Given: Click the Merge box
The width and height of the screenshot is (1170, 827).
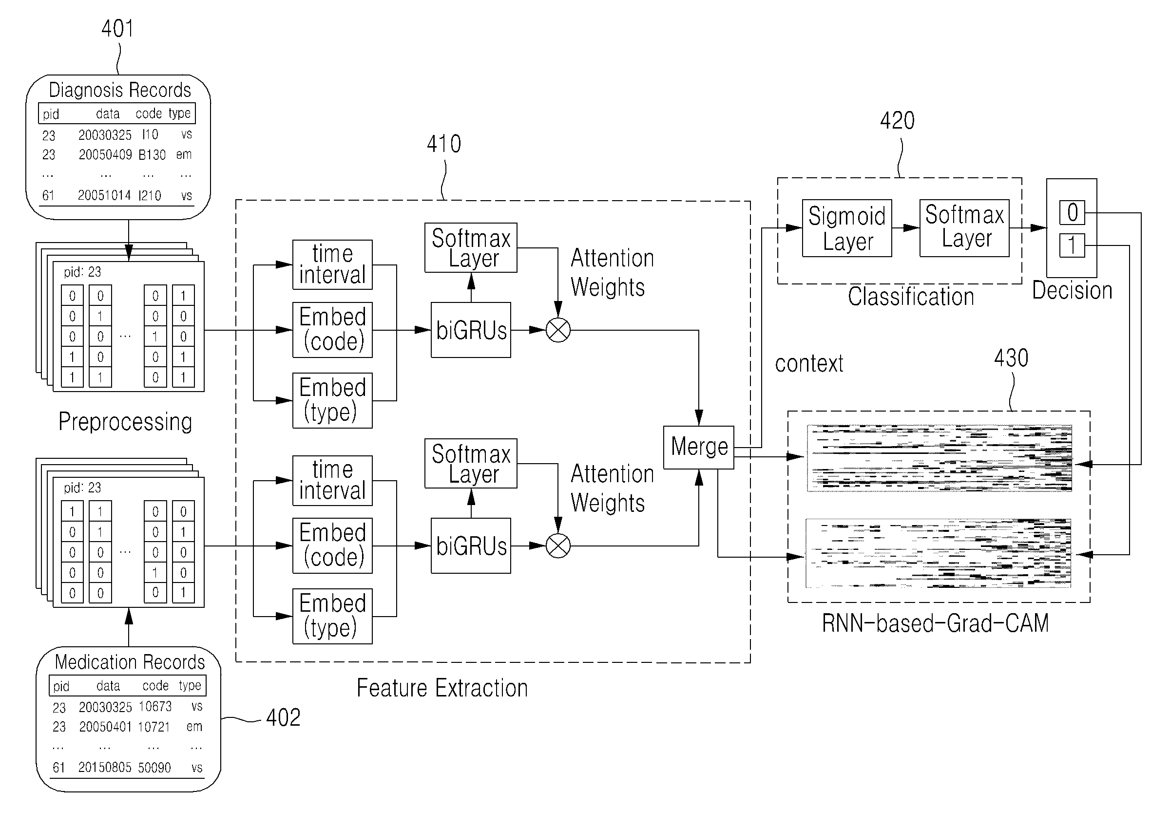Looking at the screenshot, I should coord(698,447).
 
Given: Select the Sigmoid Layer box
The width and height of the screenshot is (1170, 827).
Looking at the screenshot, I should coord(846,228).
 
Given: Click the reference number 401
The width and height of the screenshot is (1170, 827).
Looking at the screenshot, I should coord(117,29).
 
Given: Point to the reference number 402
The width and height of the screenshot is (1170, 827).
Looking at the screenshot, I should coord(283,717).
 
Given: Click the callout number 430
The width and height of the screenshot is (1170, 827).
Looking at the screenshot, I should coord(1011,358).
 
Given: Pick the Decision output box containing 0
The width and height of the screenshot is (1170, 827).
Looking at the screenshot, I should coord(1072,212).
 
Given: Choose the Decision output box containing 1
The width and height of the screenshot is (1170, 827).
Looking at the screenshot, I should coord(1072,245).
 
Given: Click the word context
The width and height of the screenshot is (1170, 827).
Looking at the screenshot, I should coord(809,364).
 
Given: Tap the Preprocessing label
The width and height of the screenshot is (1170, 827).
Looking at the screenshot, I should coord(125,422).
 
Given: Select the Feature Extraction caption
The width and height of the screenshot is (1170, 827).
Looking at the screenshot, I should coord(442,688).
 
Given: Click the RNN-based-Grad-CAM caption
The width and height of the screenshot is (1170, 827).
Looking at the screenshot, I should coord(935,623).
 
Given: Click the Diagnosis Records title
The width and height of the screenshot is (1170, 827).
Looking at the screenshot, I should coord(120,90).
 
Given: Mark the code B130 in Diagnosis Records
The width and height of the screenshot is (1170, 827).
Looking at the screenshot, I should coord(152,155).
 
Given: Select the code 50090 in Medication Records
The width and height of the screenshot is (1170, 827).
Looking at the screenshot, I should coord(154,768).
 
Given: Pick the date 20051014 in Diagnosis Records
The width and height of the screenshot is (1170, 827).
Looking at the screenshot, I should coord(104,195).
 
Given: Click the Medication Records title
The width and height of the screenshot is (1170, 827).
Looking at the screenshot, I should coord(130,662).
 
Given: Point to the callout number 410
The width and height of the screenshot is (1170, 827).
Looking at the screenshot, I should coord(444,144).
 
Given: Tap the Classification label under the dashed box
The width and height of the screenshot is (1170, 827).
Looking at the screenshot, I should coord(911,297).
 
